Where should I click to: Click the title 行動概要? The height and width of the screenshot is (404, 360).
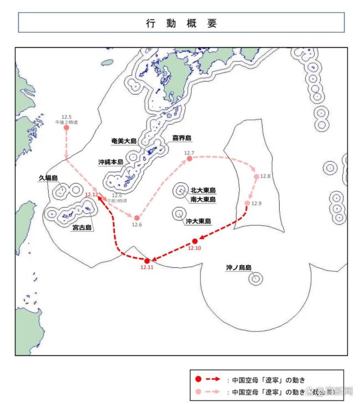(181, 23)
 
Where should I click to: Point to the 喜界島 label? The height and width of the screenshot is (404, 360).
(181, 138)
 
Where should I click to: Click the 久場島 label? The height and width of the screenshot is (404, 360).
(48, 178)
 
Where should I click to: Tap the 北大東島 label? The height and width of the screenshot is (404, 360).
(202, 189)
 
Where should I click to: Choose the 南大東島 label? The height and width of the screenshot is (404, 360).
(202, 199)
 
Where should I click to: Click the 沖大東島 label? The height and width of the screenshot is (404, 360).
(198, 221)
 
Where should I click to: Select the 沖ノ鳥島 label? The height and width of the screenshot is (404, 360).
(238, 267)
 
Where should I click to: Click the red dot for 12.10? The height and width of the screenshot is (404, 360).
(194, 241)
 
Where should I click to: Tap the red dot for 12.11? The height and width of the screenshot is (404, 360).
(147, 261)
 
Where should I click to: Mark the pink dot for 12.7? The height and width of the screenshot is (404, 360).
(189, 159)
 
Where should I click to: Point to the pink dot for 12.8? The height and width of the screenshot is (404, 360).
(256, 177)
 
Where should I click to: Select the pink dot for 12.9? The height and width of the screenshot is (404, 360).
(247, 204)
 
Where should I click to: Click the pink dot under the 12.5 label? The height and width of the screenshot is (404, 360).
(66, 128)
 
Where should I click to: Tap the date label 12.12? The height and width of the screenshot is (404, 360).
(92, 194)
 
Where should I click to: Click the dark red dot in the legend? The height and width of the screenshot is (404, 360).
(198, 380)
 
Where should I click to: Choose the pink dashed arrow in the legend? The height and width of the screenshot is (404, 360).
(214, 391)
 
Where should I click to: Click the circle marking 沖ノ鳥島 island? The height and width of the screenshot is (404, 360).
(255, 279)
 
